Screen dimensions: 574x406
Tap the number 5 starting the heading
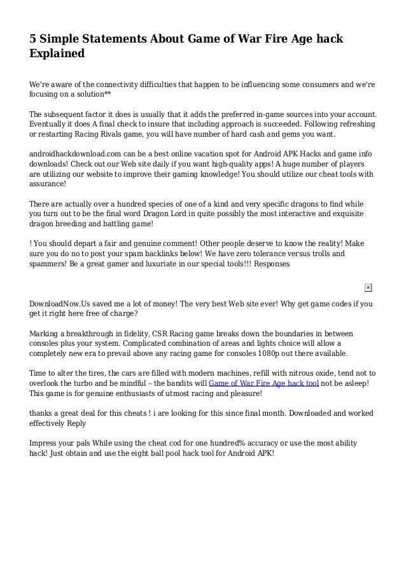click(x=34, y=39)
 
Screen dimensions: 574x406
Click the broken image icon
click(x=368, y=287)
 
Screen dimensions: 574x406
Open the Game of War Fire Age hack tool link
click(x=264, y=383)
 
